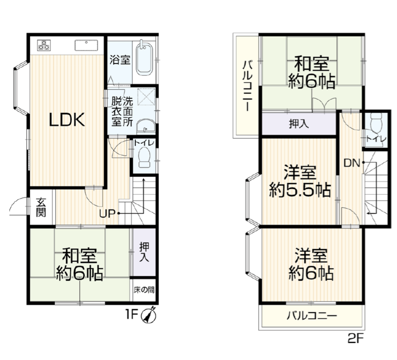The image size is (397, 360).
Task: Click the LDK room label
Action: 67,120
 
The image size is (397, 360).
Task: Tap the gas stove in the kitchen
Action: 44,45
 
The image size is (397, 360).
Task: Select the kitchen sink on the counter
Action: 86,45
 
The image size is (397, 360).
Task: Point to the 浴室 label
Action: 120,60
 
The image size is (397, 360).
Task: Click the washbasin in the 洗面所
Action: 146,126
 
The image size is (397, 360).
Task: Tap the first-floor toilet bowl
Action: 144,157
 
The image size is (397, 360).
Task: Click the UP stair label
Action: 107,214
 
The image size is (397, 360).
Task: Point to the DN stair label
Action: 352,163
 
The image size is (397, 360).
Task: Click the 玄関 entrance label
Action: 41,207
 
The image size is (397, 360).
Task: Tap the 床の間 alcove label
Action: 144,290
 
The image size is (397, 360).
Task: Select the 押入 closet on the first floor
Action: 144,252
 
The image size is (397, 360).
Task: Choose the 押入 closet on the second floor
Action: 299,124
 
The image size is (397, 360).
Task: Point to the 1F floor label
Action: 132,315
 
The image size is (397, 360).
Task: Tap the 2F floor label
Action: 356,339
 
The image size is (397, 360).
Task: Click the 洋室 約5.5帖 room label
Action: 300,181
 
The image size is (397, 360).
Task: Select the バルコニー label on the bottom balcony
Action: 312,316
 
